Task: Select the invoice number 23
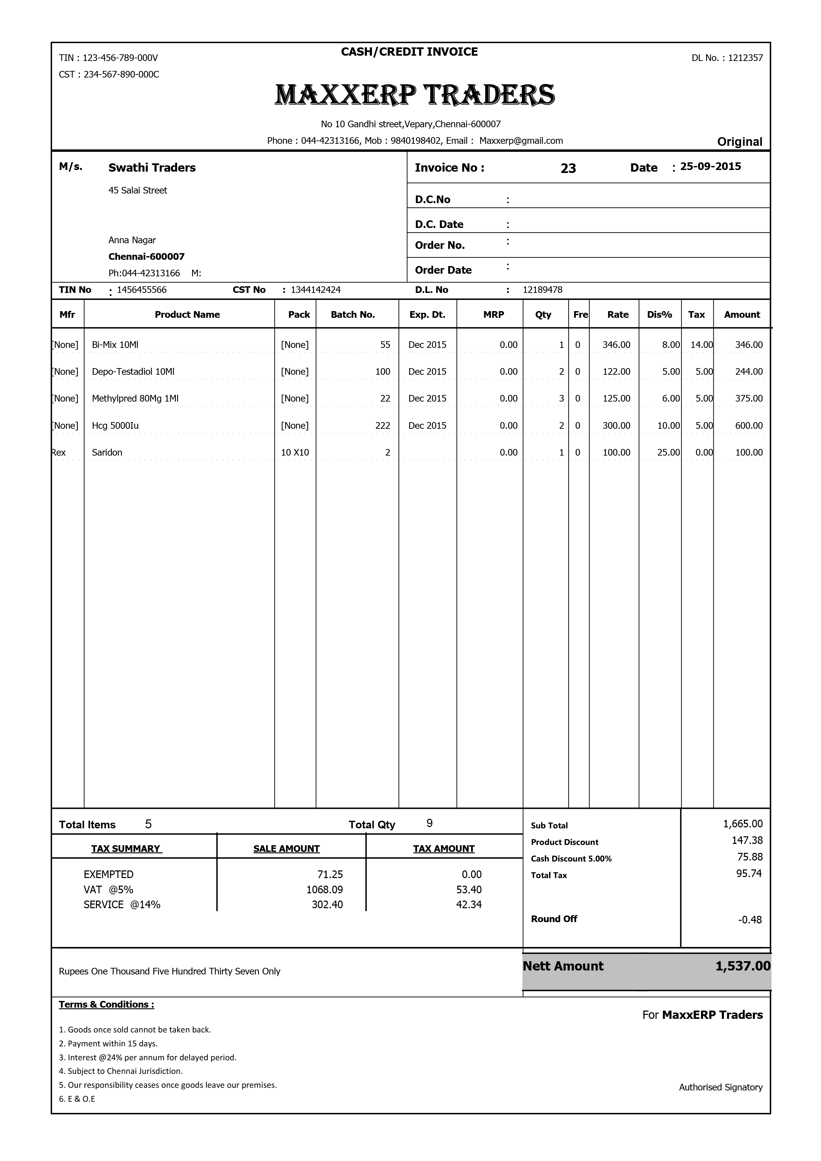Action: (568, 168)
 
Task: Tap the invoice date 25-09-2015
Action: (710, 166)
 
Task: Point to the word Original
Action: (740, 141)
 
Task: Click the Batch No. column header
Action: (353, 314)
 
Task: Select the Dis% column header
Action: (659, 314)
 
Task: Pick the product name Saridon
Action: (107, 453)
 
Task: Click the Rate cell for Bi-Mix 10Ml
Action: (616, 345)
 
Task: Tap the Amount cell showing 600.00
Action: (749, 426)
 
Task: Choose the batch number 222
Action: (383, 426)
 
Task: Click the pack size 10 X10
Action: (295, 453)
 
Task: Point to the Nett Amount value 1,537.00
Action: (743, 966)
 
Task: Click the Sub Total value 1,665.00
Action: (743, 824)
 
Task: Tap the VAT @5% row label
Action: (108, 889)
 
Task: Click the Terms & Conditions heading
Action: (106, 1005)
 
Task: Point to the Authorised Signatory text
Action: (720, 1087)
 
